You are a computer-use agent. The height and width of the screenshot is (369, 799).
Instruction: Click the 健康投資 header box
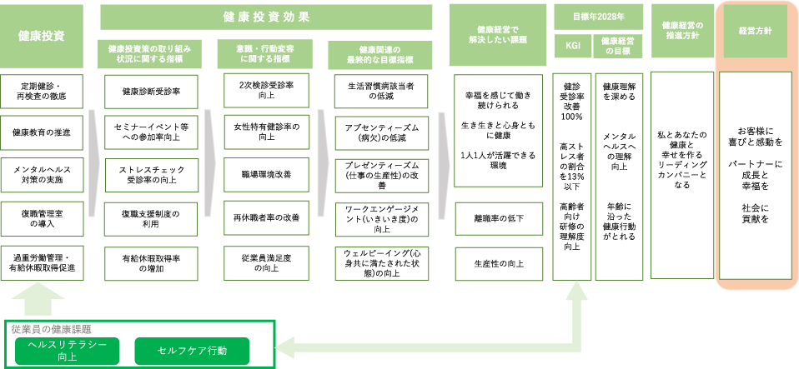pos(42,36)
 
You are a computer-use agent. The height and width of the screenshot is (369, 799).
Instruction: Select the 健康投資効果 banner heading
pos(267,17)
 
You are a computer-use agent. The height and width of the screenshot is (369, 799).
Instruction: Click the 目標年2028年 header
pos(598,16)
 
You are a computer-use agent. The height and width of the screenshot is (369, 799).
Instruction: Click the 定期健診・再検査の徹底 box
pos(42,91)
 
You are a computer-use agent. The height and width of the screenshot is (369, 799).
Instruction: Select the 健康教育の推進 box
pos(42,132)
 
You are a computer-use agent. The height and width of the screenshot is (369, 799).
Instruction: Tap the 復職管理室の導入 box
pos(42,218)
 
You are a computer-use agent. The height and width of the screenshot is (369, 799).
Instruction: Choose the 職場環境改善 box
pos(266,175)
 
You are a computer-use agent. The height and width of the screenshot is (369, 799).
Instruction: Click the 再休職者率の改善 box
pos(266,218)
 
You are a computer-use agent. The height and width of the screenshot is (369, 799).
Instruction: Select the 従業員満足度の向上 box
pos(266,262)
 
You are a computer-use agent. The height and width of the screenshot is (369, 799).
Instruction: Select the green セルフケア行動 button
pos(192,351)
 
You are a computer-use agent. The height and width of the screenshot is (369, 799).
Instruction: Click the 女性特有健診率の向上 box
pos(266,132)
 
